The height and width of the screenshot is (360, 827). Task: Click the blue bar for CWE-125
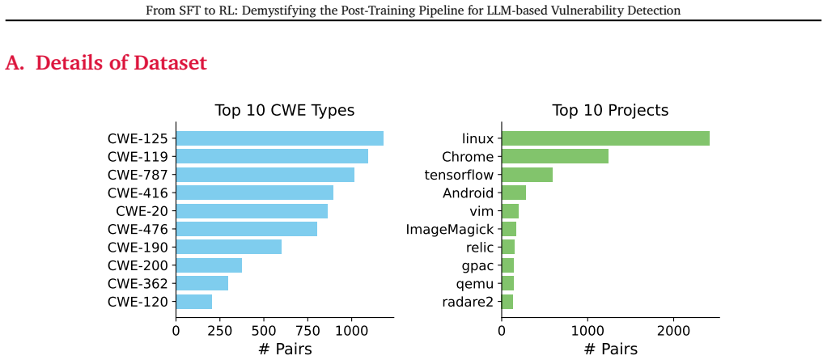tap(279, 138)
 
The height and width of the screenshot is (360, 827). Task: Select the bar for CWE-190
tap(229, 248)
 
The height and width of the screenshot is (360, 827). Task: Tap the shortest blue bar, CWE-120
tap(194, 302)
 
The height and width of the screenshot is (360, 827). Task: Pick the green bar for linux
tap(605, 138)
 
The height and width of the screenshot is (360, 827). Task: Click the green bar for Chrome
tap(555, 157)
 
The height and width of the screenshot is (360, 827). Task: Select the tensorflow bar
tap(527, 175)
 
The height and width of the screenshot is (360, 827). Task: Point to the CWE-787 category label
tap(138, 175)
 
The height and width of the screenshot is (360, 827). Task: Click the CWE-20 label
tap(142, 211)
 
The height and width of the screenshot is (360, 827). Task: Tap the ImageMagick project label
tap(450, 230)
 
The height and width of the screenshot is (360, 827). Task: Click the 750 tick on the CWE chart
tap(307, 331)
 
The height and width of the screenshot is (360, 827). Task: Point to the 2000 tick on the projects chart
tap(673, 331)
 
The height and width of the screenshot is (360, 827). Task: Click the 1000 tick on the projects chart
tap(587, 331)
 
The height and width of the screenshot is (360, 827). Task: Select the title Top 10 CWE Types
tap(284, 111)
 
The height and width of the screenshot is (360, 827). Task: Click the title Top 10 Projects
tap(610, 111)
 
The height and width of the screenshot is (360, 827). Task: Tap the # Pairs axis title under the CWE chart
tap(285, 349)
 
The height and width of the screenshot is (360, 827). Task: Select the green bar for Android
tap(514, 193)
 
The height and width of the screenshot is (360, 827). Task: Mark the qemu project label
tap(475, 285)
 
